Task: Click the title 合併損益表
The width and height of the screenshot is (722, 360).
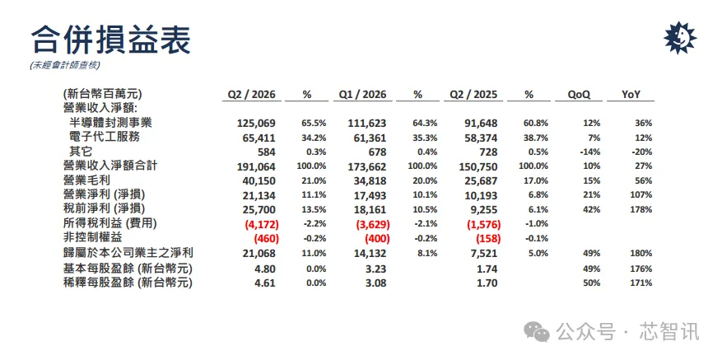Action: tap(110, 40)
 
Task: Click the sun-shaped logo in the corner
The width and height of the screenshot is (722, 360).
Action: tap(680, 38)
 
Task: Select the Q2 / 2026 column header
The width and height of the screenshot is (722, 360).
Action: tap(251, 95)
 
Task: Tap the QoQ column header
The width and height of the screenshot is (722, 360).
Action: tap(579, 95)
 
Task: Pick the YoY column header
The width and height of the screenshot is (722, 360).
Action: tap(631, 95)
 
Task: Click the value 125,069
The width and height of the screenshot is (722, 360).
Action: tap(257, 124)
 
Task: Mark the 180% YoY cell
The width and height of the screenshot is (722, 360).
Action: tap(642, 254)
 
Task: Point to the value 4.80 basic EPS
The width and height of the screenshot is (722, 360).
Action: tap(265, 269)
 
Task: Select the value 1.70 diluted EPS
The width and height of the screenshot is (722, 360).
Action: tap(487, 283)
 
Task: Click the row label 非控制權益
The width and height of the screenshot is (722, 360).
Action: tap(93, 238)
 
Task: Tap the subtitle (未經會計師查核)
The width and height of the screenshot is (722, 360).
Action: tap(64, 65)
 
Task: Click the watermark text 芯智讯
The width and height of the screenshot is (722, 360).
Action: tap(669, 332)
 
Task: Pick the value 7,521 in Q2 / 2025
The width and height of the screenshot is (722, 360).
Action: tap(485, 254)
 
